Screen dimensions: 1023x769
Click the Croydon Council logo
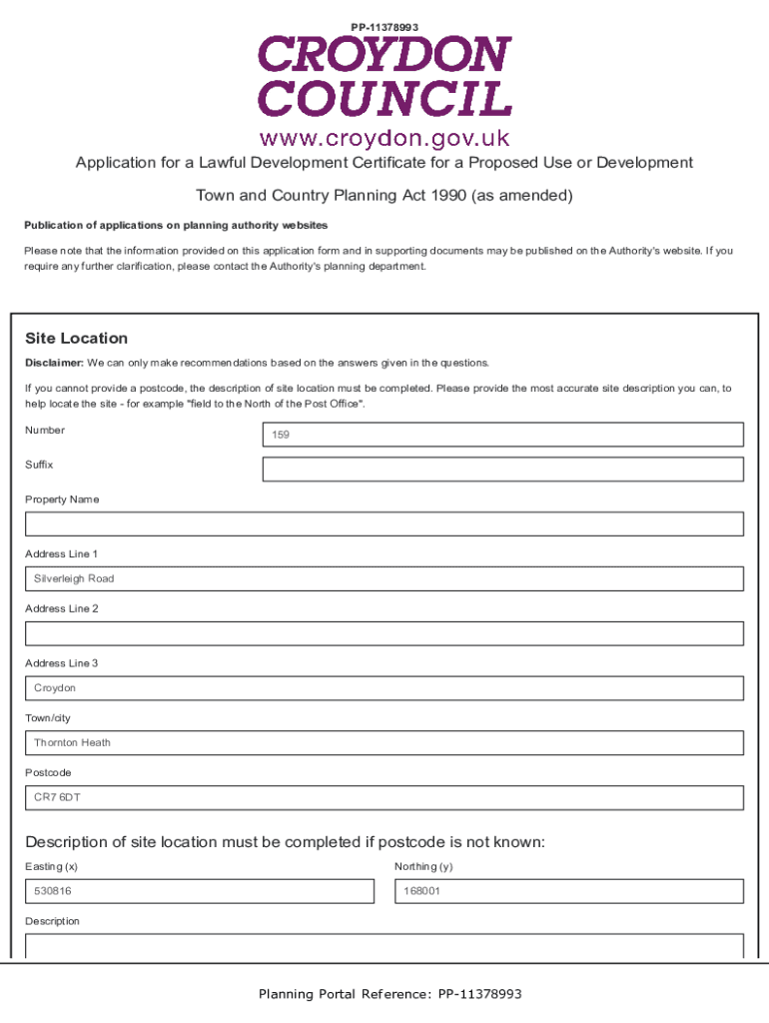point(384,77)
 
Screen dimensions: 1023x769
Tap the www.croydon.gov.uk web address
point(384,137)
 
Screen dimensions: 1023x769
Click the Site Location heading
point(76,339)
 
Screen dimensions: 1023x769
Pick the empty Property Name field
point(384,524)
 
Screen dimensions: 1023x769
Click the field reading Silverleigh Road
point(384,579)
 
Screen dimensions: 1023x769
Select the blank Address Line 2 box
point(384,633)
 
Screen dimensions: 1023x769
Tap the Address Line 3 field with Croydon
point(384,688)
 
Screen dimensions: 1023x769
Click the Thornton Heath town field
point(384,743)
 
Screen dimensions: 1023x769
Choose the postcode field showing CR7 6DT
point(384,797)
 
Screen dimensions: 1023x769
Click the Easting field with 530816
point(199,891)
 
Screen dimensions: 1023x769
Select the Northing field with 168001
point(568,891)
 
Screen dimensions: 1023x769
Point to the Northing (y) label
point(423,866)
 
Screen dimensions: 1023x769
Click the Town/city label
point(48,718)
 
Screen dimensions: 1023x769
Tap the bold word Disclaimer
point(54,363)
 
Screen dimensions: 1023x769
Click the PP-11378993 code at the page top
point(384,26)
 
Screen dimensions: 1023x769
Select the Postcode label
point(49,772)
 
